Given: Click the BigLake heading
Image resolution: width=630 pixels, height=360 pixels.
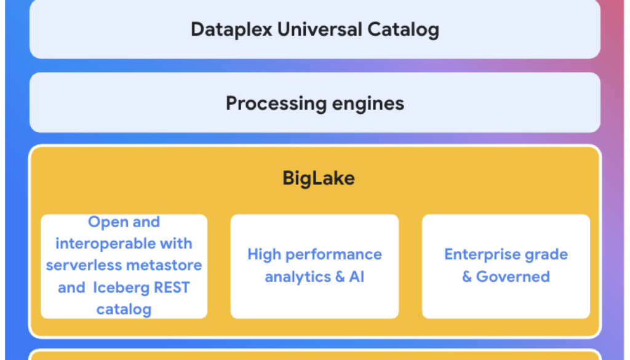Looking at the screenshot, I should [x=319, y=178].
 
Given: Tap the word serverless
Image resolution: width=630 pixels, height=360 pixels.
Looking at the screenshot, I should [x=84, y=266].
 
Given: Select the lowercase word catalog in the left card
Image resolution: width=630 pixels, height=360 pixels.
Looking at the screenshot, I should [x=124, y=310].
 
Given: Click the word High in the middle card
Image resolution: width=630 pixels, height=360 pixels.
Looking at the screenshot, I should [x=265, y=255].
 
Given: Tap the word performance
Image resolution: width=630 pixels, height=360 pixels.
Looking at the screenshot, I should [x=334, y=255].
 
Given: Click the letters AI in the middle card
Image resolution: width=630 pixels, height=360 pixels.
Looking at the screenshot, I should [x=357, y=277].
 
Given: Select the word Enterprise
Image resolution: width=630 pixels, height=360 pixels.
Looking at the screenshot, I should [x=482, y=255].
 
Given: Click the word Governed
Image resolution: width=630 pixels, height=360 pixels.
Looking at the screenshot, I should [x=513, y=277].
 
